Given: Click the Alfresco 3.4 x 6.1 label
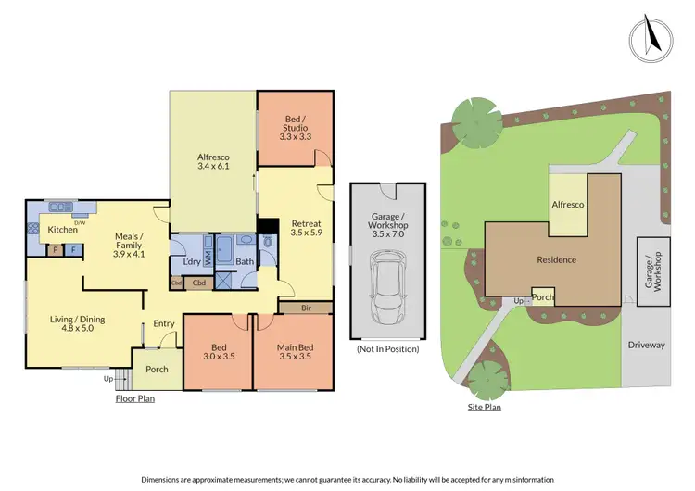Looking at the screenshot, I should [213, 161].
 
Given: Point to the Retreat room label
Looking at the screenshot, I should [306, 228].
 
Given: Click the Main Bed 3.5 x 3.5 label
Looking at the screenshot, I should [295, 353].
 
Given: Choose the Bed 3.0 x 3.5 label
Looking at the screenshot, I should [218, 353].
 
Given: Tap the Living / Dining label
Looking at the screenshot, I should [78, 324].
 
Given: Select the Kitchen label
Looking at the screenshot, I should [63, 229].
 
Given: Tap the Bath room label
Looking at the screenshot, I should [245, 261].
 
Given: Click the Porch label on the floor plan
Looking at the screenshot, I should [157, 369].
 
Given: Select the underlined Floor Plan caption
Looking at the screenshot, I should [134, 399].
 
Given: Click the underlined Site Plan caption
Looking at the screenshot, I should [484, 407].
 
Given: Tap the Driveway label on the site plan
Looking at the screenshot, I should [646, 345].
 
